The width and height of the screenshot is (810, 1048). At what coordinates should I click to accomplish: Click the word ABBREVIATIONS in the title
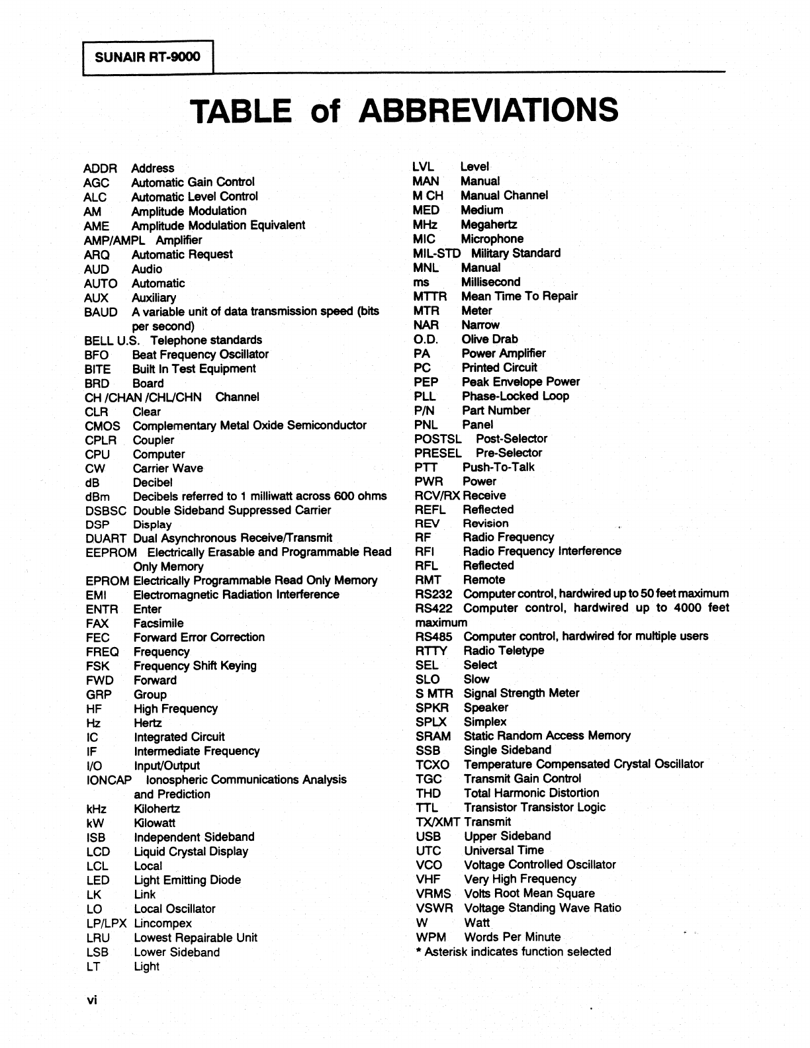pyautogui.click(x=488, y=110)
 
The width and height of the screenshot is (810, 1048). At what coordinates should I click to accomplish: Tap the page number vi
pyautogui.click(x=91, y=1000)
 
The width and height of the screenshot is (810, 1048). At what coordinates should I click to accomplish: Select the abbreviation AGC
pyautogui.click(x=97, y=183)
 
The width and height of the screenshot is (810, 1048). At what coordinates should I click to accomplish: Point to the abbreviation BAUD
pyautogui.click(x=101, y=312)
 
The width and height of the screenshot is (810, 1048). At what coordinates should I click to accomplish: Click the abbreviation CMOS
pyautogui.click(x=103, y=426)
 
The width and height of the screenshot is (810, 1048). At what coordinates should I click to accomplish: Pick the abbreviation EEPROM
pyautogui.click(x=111, y=552)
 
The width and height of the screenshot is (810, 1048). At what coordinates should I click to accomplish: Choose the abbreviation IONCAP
pyautogui.click(x=109, y=780)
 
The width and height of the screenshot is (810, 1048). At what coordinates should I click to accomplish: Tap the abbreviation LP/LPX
pyautogui.click(x=106, y=924)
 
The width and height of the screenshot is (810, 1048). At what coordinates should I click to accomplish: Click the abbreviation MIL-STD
pyautogui.click(x=437, y=253)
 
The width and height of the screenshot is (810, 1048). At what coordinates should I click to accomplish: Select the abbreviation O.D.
pyautogui.click(x=426, y=339)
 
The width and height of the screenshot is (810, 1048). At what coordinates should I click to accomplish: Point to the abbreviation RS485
pyautogui.click(x=434, y=636)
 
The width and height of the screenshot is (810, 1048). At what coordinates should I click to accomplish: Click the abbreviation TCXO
pyautogui.click(x=433, y=765)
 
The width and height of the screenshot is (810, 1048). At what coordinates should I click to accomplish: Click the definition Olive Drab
pyautogui.click(x=490, y=339)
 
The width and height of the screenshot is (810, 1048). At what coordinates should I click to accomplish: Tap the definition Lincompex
pyautogui.click(x=163, y=924)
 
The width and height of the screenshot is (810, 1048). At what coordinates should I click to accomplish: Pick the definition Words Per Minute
pyautogui.click(x=512, y=938)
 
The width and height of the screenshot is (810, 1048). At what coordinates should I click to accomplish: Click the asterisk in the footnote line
pyautogui.click(x=418, y=951)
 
